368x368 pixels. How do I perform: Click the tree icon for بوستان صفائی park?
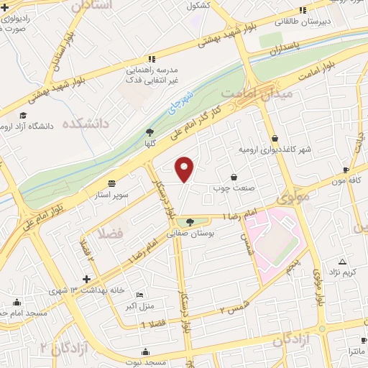pyautogui.click(x=190, y=222)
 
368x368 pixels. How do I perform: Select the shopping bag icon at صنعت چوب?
pyautogui.click(x=234, y=177)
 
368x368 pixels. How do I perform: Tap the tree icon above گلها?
pyautogui.click(x=149, y=132)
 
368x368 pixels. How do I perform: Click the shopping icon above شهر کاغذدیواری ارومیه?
pyautogui.click(x=275, y=139)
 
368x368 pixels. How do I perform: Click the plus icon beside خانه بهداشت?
pyautogui.click(x=86, y=279)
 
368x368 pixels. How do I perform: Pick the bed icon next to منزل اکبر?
pyautogui.click(x=139, y=295)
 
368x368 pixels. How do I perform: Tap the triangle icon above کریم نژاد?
pyautogui.click(x=342, y=262)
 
